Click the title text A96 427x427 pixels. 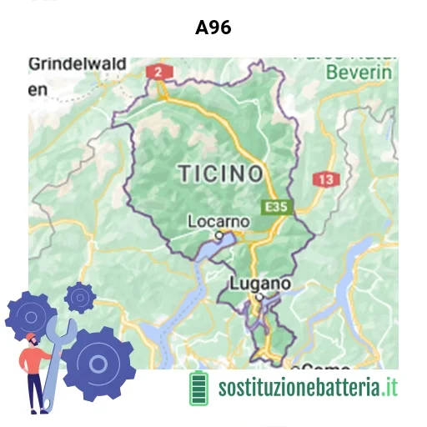pyautogui.click(x=213, y=28)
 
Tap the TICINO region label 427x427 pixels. pyautogui.click(x=220, y=173)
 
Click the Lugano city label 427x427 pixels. pyautogui.click(x=260, y=284)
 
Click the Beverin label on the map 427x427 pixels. pyautogui.click(x=359, y=73)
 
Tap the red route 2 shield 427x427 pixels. pyautogui.click(x=156, y=72)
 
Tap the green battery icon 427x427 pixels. pyautogui.click(x=198, y=388)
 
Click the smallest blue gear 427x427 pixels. pyautogui.click(x=80, y=296)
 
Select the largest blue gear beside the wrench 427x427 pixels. pyautogui.click(x=99, y=363)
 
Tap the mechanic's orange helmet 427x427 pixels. pyautogui.click(x=31, y=338)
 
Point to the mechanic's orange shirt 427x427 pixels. pyautogui.click(x=38, y=360)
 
